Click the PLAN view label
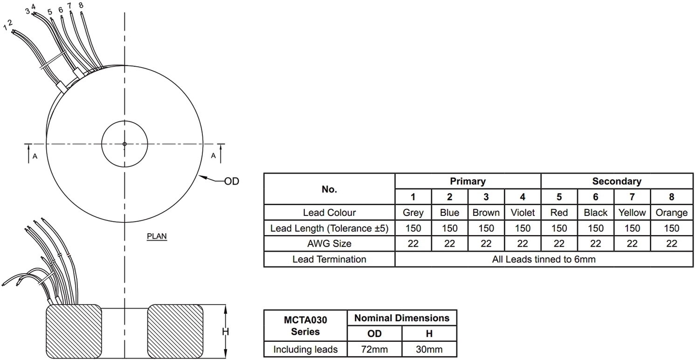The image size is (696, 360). coord(157,236)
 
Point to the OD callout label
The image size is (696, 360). coord(231,181)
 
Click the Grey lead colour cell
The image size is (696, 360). coord(413,213)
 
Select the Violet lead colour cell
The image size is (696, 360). coord(523,213)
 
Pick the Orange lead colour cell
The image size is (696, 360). coord(671,213)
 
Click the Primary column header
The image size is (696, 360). coord(468,181)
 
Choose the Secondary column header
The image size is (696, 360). coord(616,181)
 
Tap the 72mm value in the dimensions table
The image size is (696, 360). coord(374,349)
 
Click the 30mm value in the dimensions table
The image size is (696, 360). coord(429,349)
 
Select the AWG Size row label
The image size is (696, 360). coord(329,243)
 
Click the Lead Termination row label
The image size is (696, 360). coord(329,259)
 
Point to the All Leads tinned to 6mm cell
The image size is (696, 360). coord(544,259)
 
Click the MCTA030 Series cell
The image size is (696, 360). coord(305,325)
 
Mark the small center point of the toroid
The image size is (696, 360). coord(124,144)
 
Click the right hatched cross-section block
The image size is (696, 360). coord(176,331)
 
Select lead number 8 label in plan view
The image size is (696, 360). coord(81,5)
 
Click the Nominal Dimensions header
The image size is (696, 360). coord(402,318)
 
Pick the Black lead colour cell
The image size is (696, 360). coord(595,213)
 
